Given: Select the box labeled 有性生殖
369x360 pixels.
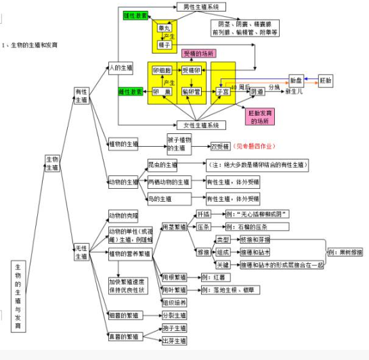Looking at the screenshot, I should click(x=81, y=95).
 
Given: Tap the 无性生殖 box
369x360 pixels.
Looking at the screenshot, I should click(x=81, y=252).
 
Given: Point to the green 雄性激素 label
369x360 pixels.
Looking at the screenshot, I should click(x=136, y=15).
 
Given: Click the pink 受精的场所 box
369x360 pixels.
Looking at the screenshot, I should click(x=198, y=53).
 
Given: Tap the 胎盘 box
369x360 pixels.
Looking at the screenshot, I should click(x=296, y=80).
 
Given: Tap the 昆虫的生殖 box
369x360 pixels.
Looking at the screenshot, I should click(x=161, y=164).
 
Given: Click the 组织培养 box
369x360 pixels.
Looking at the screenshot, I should click(x=173, y=302).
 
